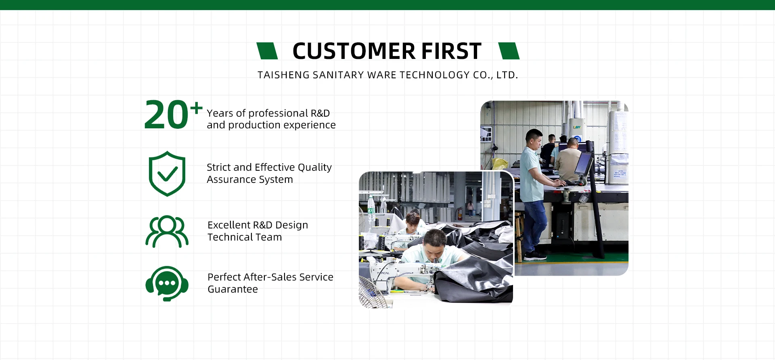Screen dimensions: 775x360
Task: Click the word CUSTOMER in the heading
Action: (354, 51)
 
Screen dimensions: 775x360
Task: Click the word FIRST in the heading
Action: (451, 51)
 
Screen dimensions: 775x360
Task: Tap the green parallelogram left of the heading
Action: (267, 51)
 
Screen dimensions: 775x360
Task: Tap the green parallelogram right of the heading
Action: (509, 51)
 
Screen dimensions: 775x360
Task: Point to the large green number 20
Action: (166, 115)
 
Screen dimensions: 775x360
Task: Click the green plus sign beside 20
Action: (197, 108)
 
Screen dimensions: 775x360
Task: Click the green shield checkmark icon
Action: (167, 174)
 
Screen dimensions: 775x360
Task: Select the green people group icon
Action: (167, 231)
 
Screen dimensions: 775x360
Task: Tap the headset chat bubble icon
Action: (167, 283)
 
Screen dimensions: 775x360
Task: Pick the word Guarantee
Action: (232, 289)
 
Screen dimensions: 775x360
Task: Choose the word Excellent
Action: (228, 225)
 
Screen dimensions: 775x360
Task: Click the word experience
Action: (310, 126)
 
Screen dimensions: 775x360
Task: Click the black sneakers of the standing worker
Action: (535, 255)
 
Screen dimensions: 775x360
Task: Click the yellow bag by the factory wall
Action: (500, 163)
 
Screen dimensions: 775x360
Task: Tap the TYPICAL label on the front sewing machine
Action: (383, 273)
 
